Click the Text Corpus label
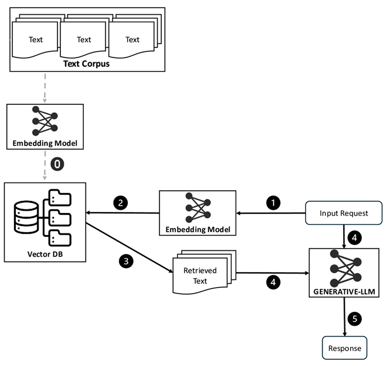point(86,64)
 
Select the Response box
point(344,348)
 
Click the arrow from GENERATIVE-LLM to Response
point(345,318)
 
